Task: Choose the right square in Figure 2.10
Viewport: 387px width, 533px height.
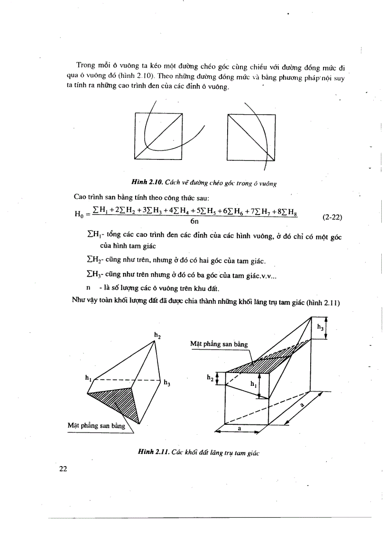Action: click(250, 136)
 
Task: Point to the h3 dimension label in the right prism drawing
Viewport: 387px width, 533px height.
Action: click(321, 327)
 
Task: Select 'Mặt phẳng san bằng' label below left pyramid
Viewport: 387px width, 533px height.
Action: click(96, 426)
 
